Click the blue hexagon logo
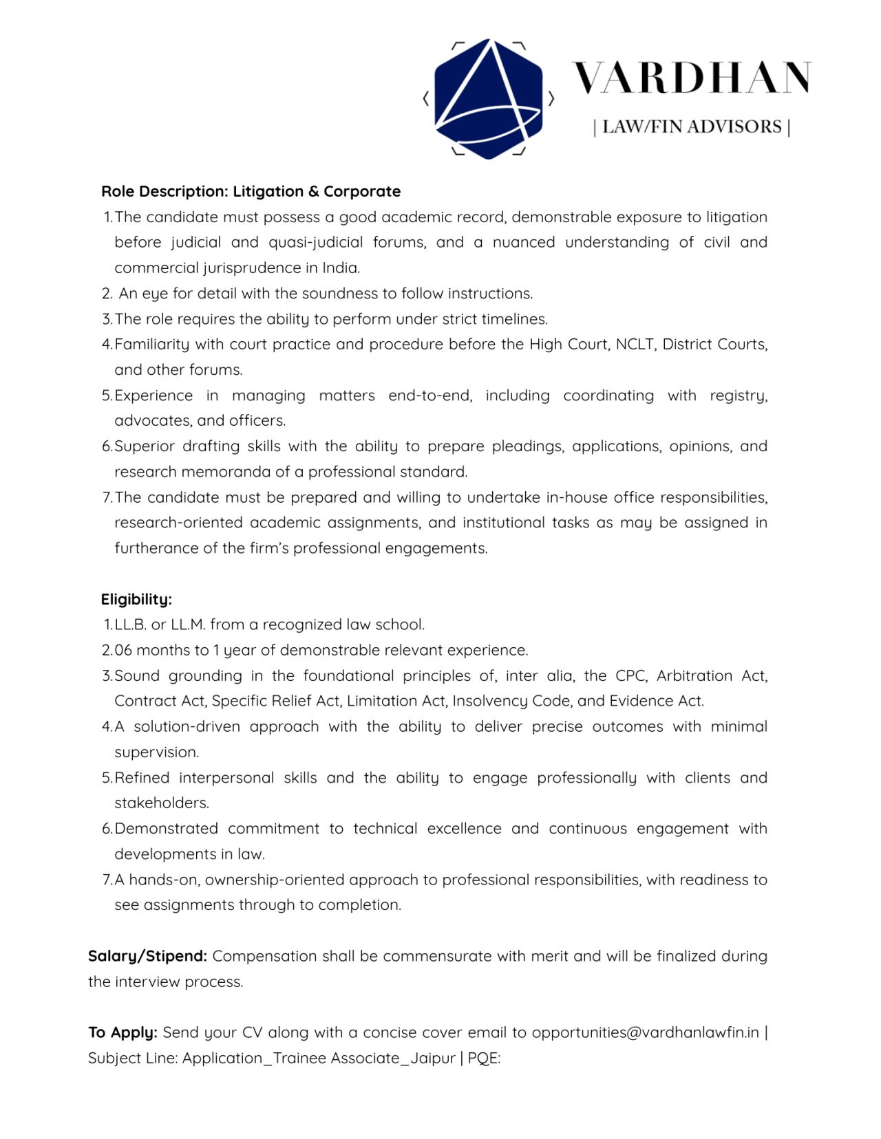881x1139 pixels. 489,98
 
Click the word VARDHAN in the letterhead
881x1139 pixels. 692,78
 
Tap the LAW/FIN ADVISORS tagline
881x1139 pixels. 692,127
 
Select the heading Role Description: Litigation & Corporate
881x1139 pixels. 251,191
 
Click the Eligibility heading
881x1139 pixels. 136,599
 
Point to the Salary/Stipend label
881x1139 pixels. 147,956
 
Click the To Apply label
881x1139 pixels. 123,1032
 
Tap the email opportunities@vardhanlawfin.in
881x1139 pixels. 645,1032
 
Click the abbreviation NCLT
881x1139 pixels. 635,344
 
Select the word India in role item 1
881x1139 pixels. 341,268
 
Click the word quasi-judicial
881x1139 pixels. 315,242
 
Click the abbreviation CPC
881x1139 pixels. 630,675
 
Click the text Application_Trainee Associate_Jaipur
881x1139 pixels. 319,1058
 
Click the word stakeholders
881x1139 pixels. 161,803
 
